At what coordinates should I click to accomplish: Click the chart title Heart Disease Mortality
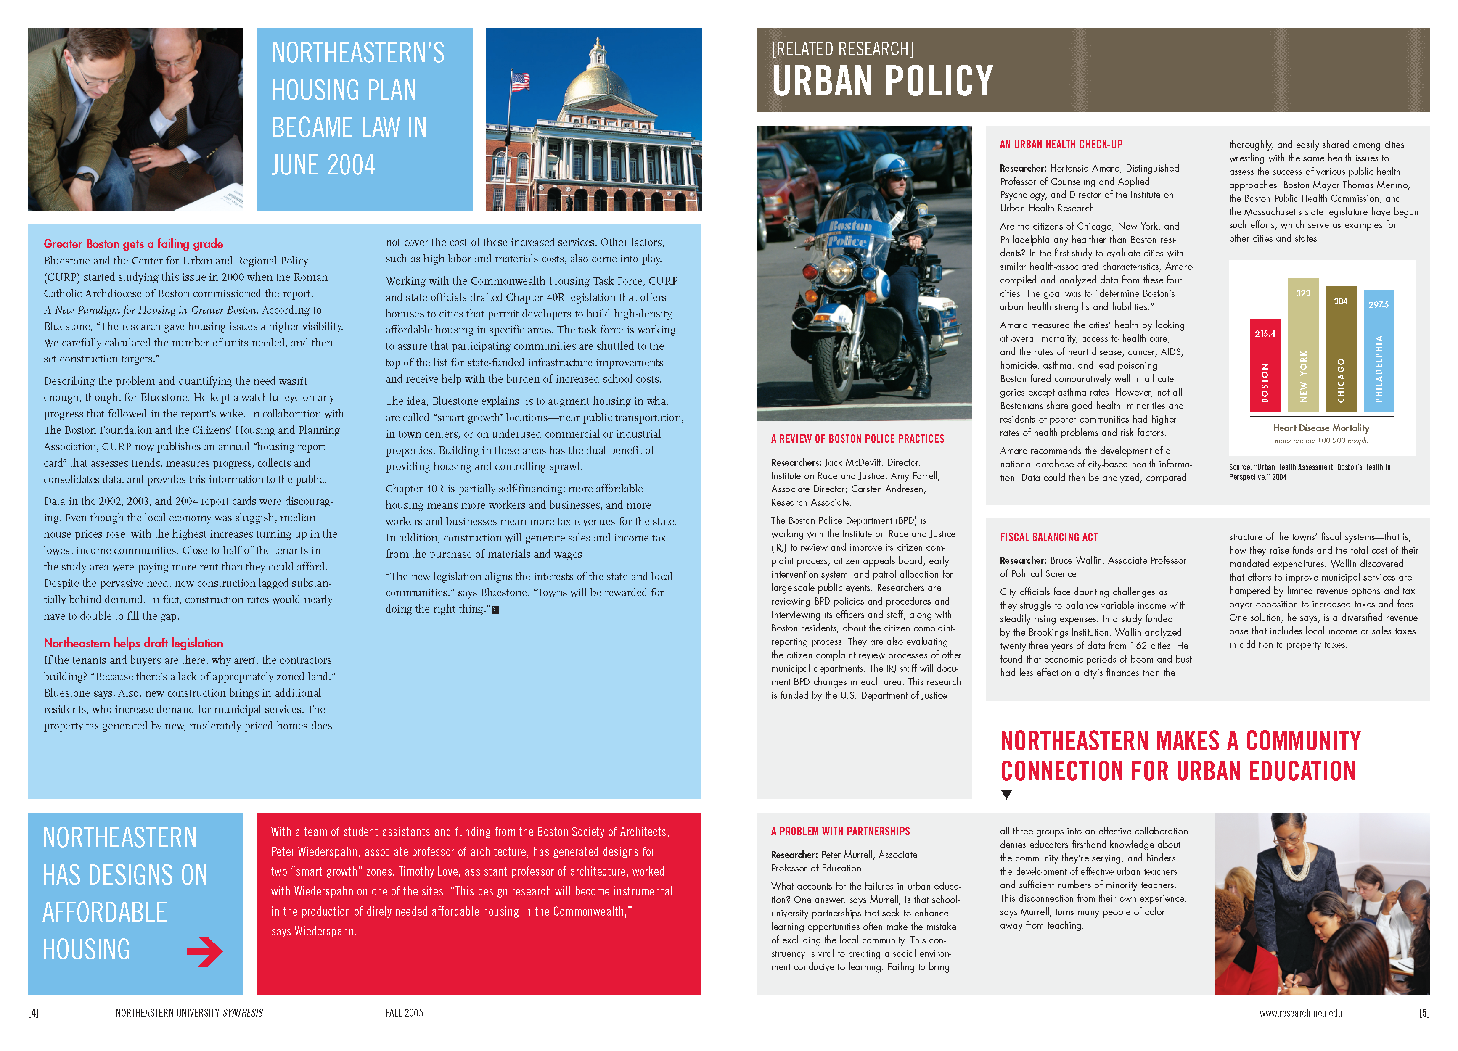click(x=1320, y=428)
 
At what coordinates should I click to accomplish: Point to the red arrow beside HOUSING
click(x=204, y=951)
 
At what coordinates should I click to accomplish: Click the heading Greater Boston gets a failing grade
click(x=133, y=244)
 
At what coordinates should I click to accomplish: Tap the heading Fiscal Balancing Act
click(x=1048, y=537)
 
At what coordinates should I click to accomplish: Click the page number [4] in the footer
click(x=33, y=1013)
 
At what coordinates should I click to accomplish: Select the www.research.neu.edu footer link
click(x=1300, y=1013)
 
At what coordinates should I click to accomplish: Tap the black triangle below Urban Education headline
click(x=1007, y=795)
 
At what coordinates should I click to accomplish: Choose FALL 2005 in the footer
click(x=405, y=1013)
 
